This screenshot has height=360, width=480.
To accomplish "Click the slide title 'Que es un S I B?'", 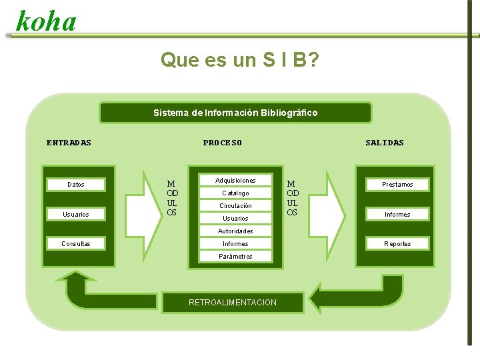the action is [239, 60].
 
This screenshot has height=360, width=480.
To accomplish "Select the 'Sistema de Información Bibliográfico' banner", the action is [235, 113].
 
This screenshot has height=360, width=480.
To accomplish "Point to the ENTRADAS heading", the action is [69, 143].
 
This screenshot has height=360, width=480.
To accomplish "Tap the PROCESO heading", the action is [223, 143].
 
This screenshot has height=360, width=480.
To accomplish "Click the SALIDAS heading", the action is [385, 143].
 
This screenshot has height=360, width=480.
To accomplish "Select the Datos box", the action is [76, 184].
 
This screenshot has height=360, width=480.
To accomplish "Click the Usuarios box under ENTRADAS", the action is [76, 214].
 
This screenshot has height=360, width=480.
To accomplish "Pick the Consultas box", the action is [76, 243].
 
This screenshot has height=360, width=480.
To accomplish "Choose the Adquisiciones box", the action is [235, 180].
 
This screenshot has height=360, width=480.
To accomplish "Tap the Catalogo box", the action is [235, 193].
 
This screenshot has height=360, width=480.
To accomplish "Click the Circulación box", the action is [235, 206].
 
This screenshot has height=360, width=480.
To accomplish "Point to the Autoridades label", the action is [235, 231].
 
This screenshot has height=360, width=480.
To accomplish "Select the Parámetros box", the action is [235, 256].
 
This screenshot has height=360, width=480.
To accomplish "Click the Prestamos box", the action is [397, 184].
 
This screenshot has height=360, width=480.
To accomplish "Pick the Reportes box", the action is [397, 243].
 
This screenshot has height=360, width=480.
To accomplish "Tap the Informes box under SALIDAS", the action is [397, 214].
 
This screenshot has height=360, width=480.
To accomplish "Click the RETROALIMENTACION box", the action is [233, 303].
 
